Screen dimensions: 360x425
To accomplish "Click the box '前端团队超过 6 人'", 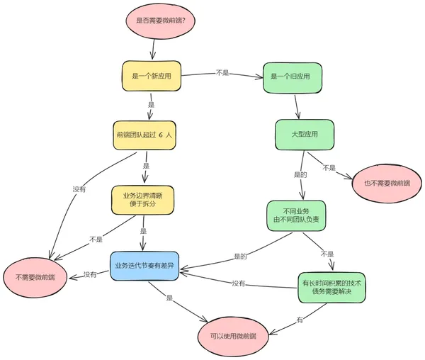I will (145, 134).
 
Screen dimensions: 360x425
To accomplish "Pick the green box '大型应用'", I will (305, 135).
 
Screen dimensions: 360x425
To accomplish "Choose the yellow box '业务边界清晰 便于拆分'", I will (142, 200).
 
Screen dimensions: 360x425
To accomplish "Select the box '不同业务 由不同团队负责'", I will (296, 216).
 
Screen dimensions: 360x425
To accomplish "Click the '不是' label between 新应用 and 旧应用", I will (222, 72).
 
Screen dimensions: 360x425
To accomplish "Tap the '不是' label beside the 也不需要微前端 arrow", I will (329, 168).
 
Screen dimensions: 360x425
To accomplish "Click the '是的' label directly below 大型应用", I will (300, 174).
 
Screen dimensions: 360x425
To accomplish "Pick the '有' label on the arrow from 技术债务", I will (300, 320).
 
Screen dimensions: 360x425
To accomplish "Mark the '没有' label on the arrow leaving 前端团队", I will (79, 189).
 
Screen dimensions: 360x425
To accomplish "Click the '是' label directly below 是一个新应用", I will (151, 104).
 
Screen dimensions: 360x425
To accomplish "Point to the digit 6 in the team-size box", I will (161, 134).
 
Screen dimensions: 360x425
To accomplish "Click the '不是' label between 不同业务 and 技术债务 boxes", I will (327, 254).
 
